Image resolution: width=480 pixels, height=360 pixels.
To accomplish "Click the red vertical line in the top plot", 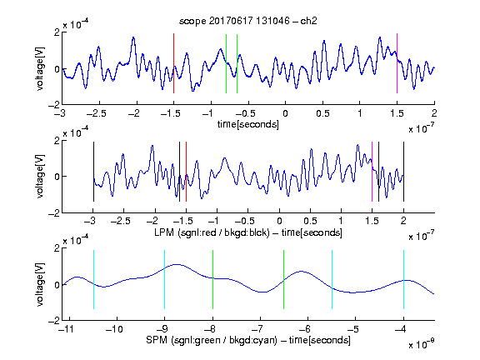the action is [x=173, y=63].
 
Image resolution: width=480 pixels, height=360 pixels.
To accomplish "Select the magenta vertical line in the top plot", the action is [x=397, y=63].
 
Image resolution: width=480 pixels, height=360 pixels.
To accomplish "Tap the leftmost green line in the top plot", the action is [x=226, y=63].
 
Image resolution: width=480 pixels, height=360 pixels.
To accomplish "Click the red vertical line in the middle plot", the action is [x=186, y=172].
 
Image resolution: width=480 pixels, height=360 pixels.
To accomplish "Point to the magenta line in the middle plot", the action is [x=372, y=172].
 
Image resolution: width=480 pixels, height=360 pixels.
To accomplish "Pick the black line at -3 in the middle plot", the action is [x=93, y=172].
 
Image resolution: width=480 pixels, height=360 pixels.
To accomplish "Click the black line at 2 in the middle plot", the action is [x=403, y=172].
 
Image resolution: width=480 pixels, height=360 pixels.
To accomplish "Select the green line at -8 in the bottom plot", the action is [x=212, y=279].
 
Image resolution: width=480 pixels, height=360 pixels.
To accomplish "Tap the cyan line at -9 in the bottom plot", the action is [x=165, y=279].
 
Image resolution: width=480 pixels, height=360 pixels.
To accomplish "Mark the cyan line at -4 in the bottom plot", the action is [x=403, y=279].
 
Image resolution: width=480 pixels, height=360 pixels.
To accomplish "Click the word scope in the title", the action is [x=192, y=22].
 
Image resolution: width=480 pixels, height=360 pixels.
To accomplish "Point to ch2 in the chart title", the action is [x=308, y=21].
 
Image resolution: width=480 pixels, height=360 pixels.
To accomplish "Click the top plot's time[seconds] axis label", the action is [x=248, y=124].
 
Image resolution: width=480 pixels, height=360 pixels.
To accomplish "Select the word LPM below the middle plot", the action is [x=164, y=232].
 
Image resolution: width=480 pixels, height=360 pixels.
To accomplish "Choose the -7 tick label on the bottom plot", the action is [x=260, y=329].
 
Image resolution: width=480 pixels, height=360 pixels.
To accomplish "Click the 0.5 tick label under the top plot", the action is [x=322, y=113].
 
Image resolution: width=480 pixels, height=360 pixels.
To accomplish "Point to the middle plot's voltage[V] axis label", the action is [x=40, y=177].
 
